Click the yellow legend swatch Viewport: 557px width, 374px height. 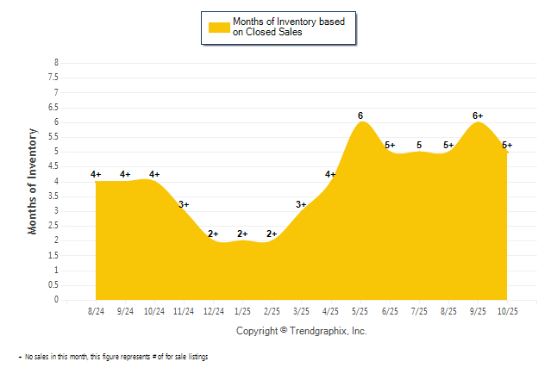[219, 27]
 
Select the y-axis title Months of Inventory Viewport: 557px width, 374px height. [33, 181]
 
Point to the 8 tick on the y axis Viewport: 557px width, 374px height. [56, 63]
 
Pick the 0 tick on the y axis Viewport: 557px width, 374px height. [56, 300]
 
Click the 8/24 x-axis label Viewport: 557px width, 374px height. [97, 311]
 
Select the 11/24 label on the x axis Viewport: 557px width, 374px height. [184, 311]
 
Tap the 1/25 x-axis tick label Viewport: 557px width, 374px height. [242, 311]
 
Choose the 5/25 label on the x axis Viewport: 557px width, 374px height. [360, 311]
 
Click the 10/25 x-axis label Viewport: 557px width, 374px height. [506, 311]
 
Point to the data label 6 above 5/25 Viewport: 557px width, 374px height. [360, 115]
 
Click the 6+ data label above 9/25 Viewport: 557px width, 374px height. [478, 115]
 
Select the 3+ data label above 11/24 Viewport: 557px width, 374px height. [184, 204]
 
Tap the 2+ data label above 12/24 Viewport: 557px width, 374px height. [213, 234]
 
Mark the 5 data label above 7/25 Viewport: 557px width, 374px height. [419, 145]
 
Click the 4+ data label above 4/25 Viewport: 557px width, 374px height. [331, 175]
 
